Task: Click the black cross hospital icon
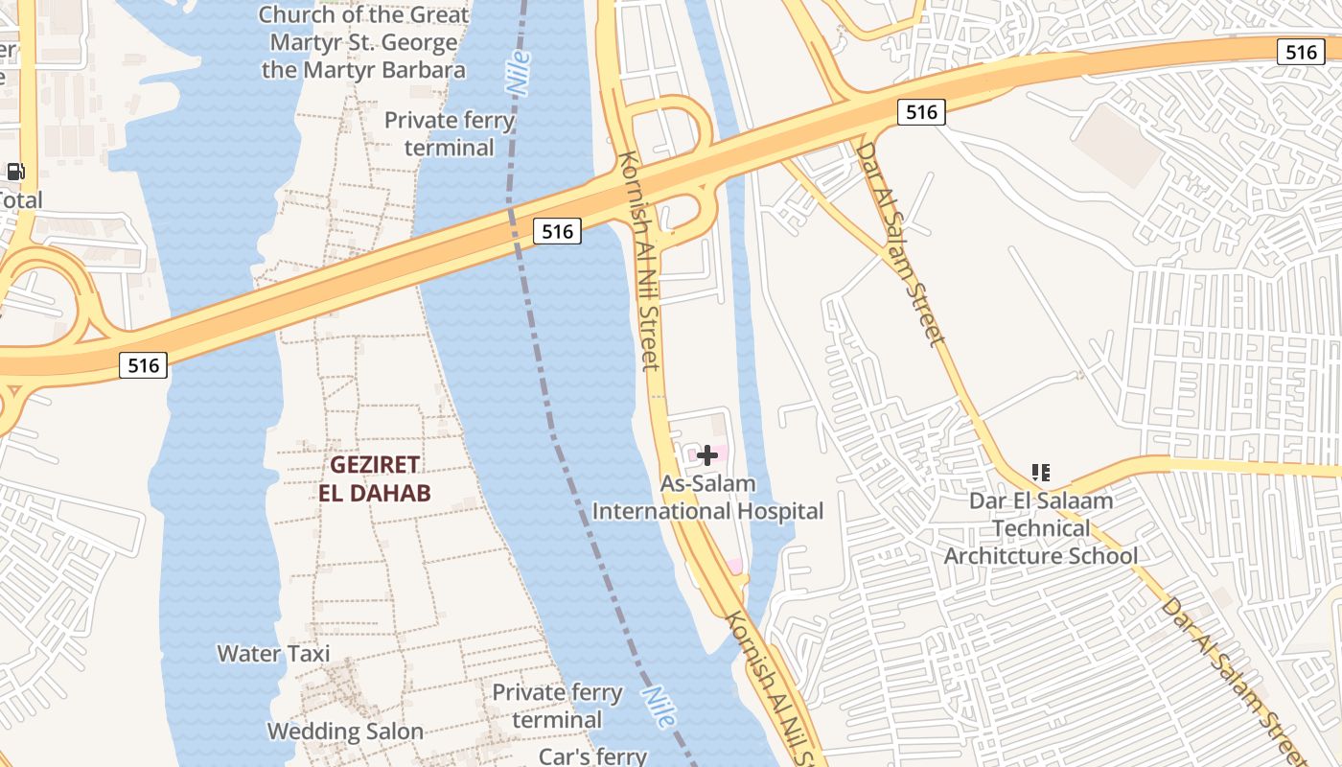pyautogui.click(x=707, y=455)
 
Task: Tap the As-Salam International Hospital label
pyautogui.click(x=707, y=498)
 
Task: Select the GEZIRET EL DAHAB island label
pyautogui.click(x=375, y=478)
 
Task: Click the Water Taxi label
pyautogui.click(x=273, y=654)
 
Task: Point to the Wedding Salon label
pyautogui.click(x=345, y=732)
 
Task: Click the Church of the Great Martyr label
pyautogui.click(x=364, y=42)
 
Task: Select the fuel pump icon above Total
pyautogui.click(x=15, y=173)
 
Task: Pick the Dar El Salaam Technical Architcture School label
pyautogui.click(x=1041, y=528)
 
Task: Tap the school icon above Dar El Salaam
pyautogui.click(x=1041, y=472)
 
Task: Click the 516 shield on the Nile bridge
pyautogui.click(x=557, y=231)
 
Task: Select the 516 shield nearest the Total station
pyautogui.click(x=143, y=364)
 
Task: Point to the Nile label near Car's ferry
pyautogui.click(x=660, y=708)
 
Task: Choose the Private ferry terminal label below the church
pyautogui.click(x=449, y=134)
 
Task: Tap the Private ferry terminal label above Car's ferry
pyautogui.click(x=557, y=706)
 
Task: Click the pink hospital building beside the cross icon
pyautogui.click(x=722, y=450)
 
